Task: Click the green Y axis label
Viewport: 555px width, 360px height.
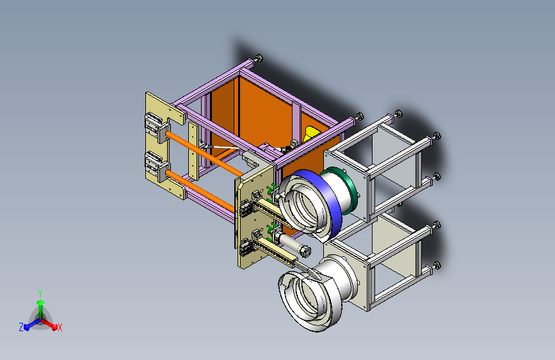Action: [40, 293]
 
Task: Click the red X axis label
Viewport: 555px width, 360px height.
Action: [60, 327]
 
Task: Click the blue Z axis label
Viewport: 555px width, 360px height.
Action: [21, 327]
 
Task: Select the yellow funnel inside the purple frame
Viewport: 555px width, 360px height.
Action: [310, 135]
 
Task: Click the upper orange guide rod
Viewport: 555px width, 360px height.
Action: [204, 152]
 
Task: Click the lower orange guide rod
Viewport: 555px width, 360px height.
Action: [200, 192]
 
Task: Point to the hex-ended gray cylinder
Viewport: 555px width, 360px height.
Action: [293, 245]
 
